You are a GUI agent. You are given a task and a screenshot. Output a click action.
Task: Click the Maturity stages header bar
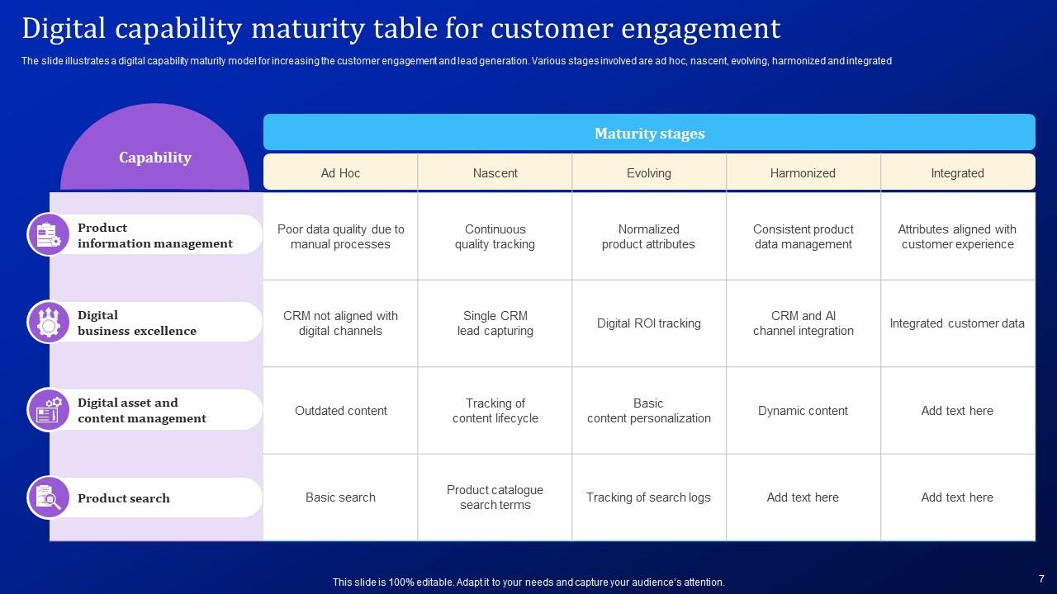tap(649, 133)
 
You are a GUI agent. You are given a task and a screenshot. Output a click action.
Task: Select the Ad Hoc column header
tap(340, 173)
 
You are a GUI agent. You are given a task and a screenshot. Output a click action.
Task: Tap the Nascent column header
tap(495, 173)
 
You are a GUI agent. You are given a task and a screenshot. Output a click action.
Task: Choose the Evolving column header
tap(648, 173)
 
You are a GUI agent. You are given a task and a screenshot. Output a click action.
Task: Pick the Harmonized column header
tap(803, 173)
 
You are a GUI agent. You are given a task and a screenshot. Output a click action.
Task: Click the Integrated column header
tap(957, 173)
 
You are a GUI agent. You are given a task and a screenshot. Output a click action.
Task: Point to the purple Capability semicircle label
tap(154, 158)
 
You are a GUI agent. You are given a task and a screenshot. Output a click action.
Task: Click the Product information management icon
tap(49, 234)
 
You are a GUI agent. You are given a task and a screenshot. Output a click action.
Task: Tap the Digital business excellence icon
tap(49, 322)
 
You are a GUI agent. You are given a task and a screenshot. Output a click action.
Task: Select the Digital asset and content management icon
tap(49, 409)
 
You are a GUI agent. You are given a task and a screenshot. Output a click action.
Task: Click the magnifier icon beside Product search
tap(49, 497)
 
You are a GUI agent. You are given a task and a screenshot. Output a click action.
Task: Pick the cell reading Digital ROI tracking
tap(648, 323)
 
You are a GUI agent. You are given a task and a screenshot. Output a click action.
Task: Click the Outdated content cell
tap(340, 411)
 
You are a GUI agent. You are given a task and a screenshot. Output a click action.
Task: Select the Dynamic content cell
tap(803, 411)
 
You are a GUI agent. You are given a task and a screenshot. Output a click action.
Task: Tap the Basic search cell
tap(340, 497)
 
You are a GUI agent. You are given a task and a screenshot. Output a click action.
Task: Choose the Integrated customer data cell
tap(957, 323)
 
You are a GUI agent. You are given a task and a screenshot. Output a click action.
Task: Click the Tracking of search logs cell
tap(648, 497)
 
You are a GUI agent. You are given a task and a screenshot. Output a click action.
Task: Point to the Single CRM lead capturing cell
tap(495, 323)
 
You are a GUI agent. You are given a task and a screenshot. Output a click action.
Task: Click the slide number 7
tap(1041, 579)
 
